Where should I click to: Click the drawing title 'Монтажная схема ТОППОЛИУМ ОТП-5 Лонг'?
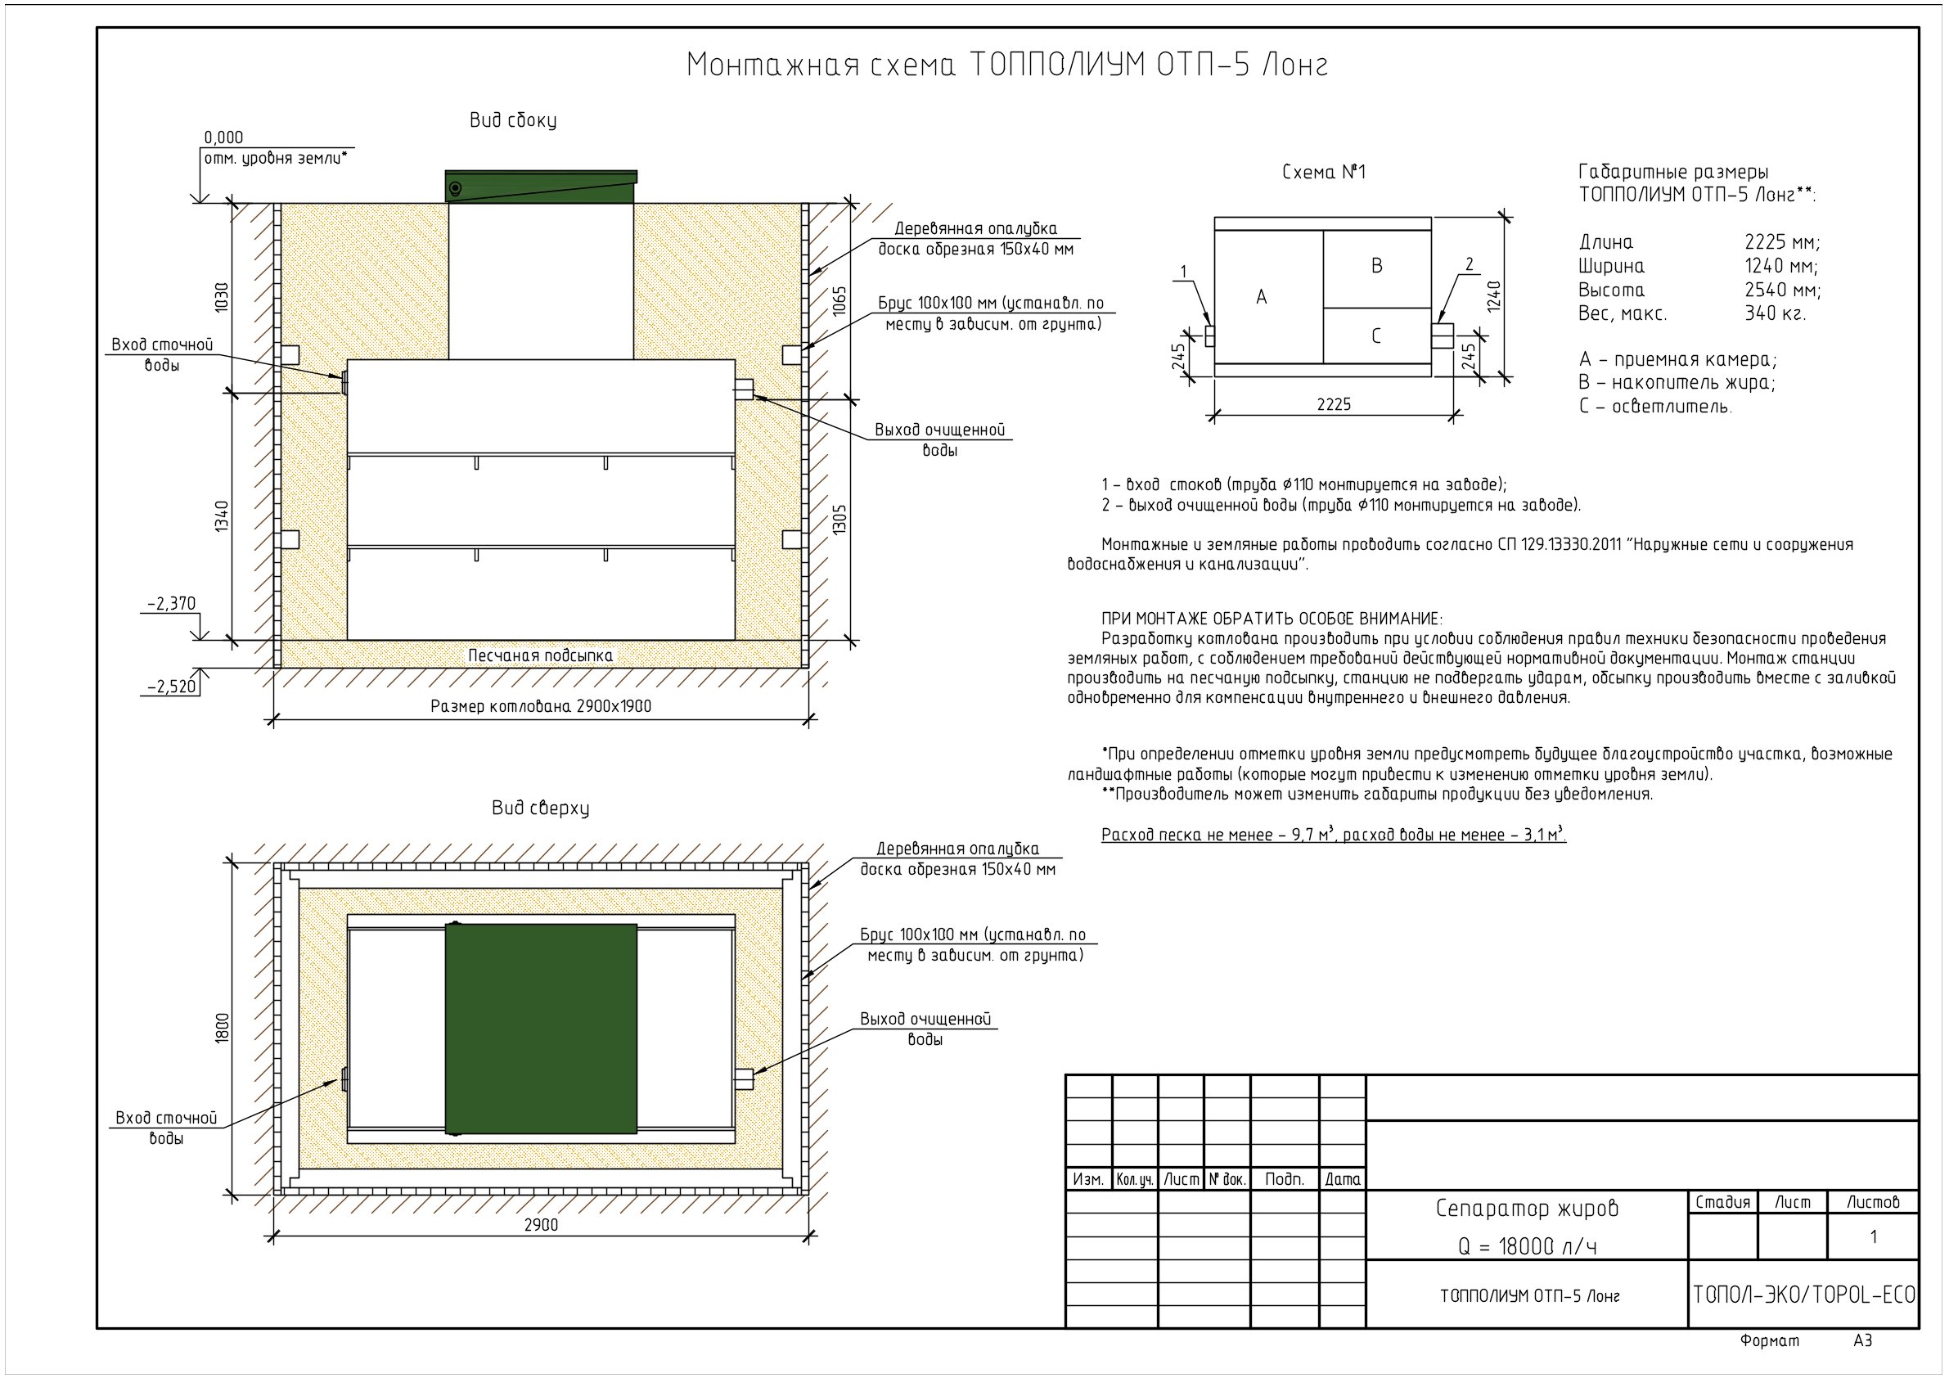[1006, 65]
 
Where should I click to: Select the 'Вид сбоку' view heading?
[514, 120]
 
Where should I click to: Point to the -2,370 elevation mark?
[172, 604]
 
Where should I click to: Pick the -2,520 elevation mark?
[172, 686]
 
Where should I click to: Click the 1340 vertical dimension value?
[222, 516]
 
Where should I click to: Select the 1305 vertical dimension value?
[839, 519]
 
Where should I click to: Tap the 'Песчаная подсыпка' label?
[541, 655]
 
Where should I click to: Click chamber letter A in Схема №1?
[1262, 297]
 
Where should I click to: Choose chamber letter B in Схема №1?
[1377, 266]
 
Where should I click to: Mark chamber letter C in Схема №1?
[1376, 336]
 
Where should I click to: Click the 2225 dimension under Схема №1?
[1334, 404]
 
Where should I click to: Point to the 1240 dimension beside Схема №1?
[1495, 295]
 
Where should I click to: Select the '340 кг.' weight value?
[1775, 313]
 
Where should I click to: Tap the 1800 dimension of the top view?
[223, 1027]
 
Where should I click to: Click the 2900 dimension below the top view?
[541, 1224]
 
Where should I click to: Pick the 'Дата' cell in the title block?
[1342, 1179]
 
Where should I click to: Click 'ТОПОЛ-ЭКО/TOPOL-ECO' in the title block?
[1804, 1295]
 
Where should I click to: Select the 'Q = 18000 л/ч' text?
[1527, 1246]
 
